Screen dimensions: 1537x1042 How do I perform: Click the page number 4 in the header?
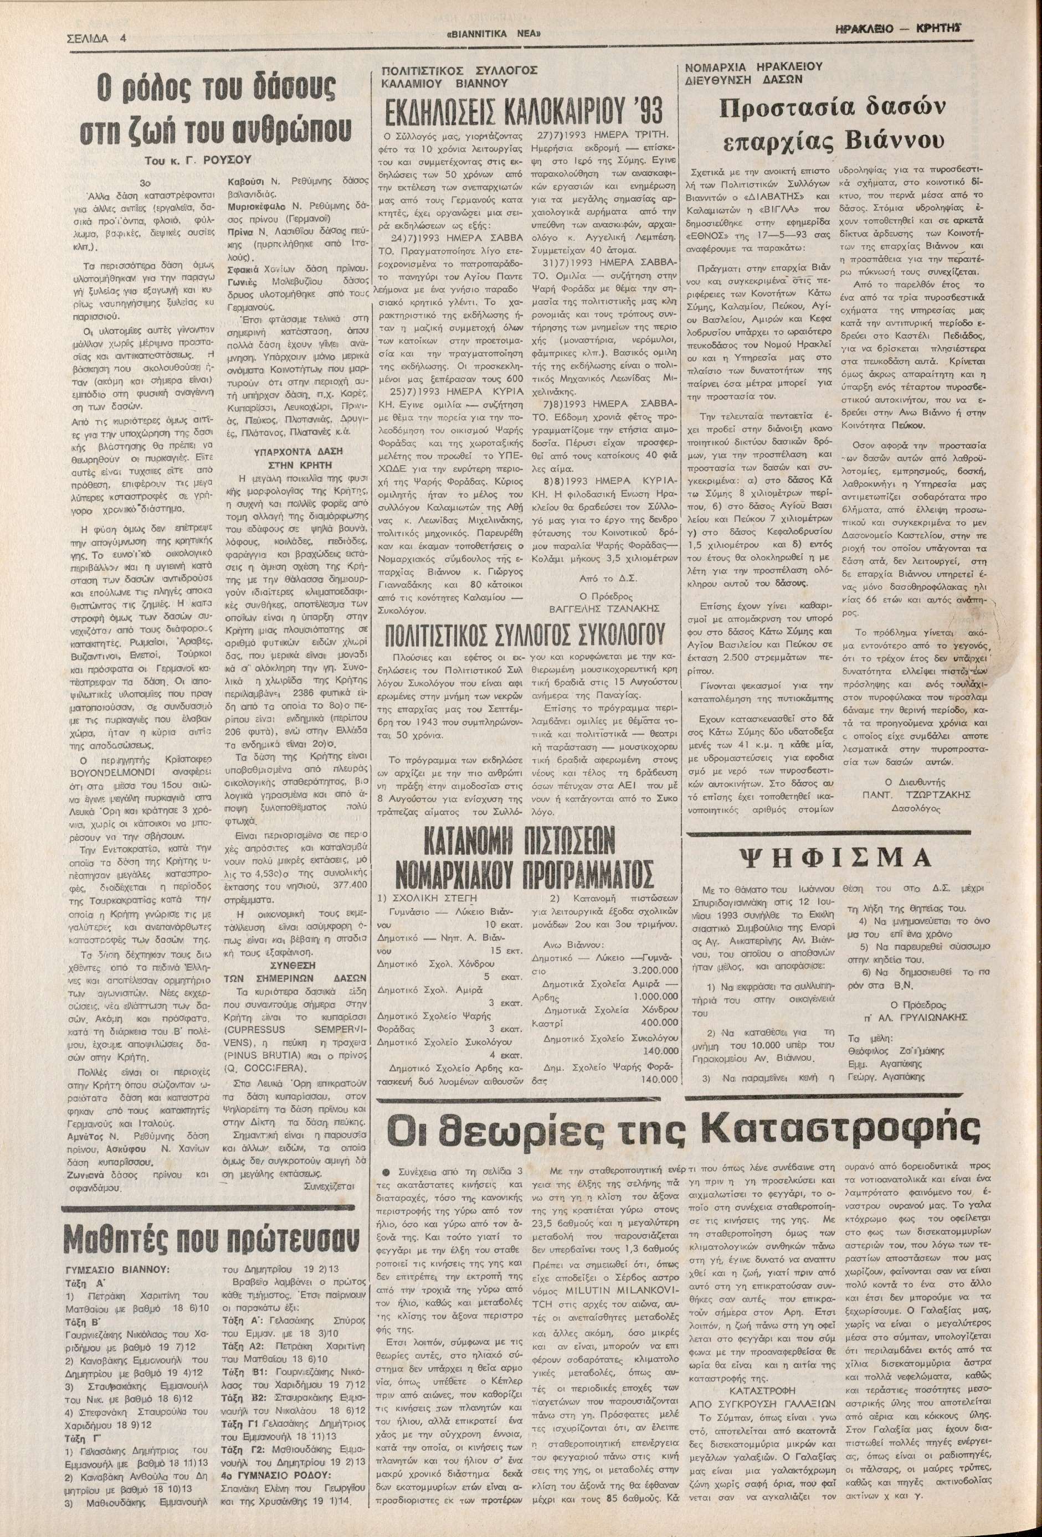(123, 38)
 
